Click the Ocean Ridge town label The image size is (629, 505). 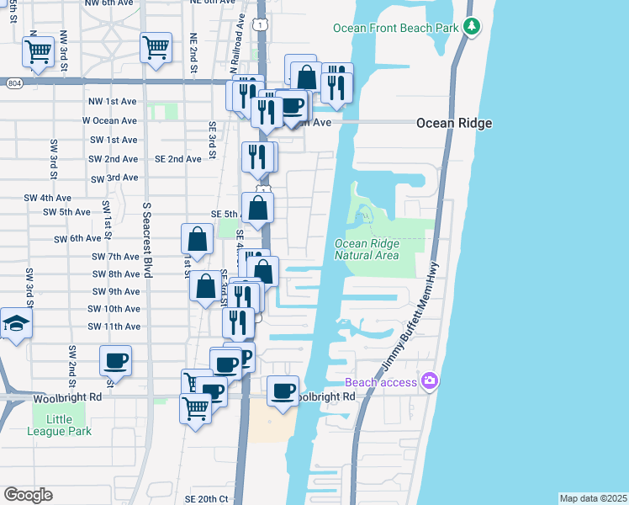pyautogui.click(x=454, y=124)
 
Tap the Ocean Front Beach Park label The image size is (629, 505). pyautogui.click(x=396, y=28)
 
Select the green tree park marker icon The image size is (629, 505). pyautogui.click(x=473, y=27)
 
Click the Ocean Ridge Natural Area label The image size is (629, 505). pyautogui.click(x=367, y=250)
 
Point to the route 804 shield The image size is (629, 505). pyautogui.click(x=13, y=83)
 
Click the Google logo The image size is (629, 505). pyautogui.click(x=28, y=494)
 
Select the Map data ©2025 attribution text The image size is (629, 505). pyautogui.click(x=592, y=498)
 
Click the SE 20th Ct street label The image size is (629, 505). pyautogui.click(x=209, y=499)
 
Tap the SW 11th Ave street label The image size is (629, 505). pyautogui.click(x=116, y=327)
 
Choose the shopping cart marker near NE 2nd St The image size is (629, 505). pyautogui.click(x=156, y=48)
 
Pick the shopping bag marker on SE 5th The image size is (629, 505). pyautogui.click(x=258, y=208)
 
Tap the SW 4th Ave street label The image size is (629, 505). pyautogui.click(x=48, y=198)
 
